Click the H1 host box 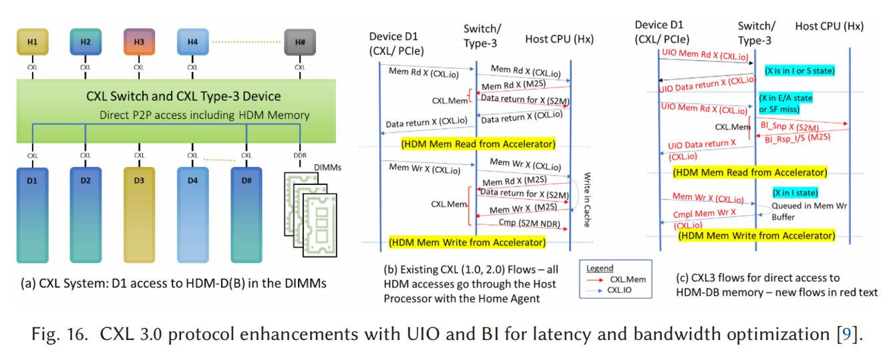tap(32, 42)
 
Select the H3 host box tap(139, 42)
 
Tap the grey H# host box tap(300, 42)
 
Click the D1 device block tap(32, 214)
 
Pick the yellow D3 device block tap(139, 214)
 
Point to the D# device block tap(246, 214)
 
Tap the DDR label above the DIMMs tap(300, 156)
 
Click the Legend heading tap(600, 268)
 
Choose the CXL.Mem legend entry tap(628, 280)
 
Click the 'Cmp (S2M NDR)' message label tap(530, 222)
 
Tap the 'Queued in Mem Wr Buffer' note tap(809, 211)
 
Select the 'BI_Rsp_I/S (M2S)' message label tap(795, 138)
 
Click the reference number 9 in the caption tap(847, 334)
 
